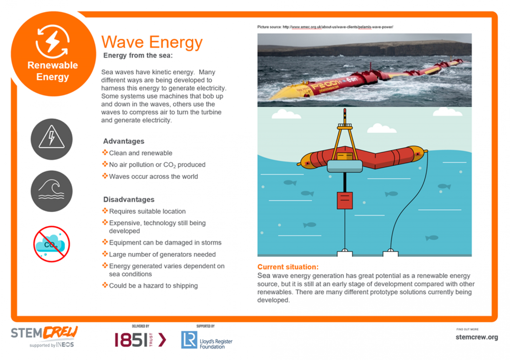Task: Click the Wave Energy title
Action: pyautogui.click(x=152, y=43)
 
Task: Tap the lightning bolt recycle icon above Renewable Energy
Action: pyautogui.click(x=52, y=41)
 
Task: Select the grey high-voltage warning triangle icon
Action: pyautogui.click(x=52, y=139)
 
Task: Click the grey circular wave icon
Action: pyautogui.click(x=52, y=191)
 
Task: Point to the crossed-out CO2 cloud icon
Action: pyautogui.click(x=52, y=244)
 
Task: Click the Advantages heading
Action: pyautogui.click(x=123, y=141)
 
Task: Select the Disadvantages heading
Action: pyautogui.click(x=129, y=199)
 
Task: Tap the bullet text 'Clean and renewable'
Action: pyautogui.click(x=141, y=153)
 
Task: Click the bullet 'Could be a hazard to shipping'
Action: pyautogui.click(x=153, y=286)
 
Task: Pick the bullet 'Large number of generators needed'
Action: pyautogui.click(x=162, y=254)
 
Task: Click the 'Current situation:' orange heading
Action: pyautogui.click(x=288, y=267)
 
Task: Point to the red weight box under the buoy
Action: pyautogui.click(x=345, y=201)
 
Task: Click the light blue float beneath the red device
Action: pyautogui.click(x=345, y=166)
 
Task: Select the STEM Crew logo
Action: pyautogui.click(x=44, y=337)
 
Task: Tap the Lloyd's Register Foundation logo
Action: pyautogui.click(x=207, y=340)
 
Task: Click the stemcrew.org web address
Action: pyautogui.click(x=477, y=337)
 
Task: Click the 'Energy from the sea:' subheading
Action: pyautogui.click(x=138, y=56)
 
